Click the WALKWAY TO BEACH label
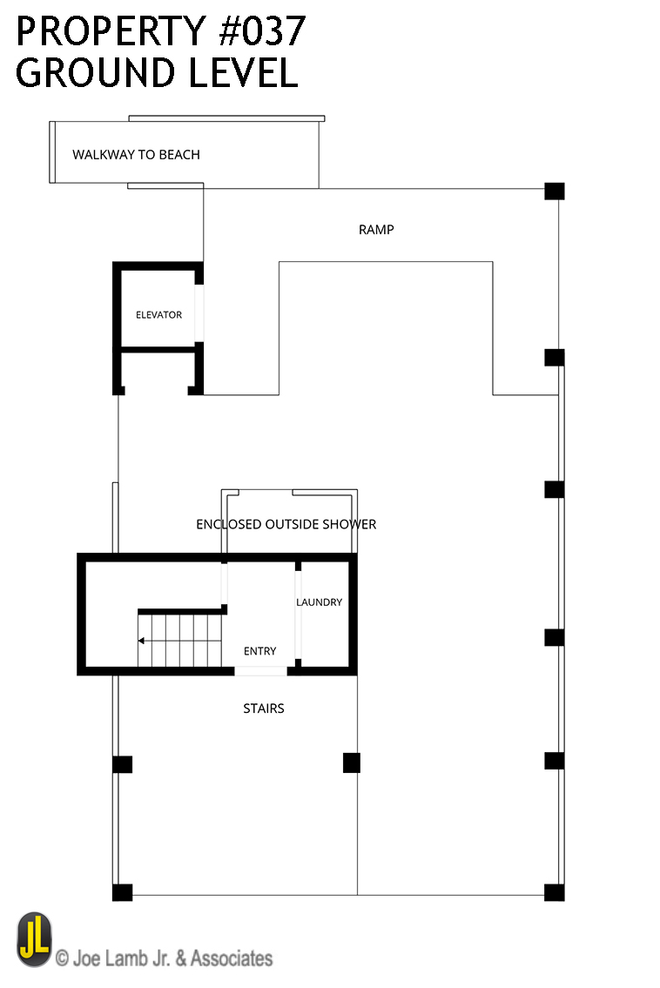point(136,155)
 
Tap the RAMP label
point(376,230)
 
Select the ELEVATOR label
point(158,315)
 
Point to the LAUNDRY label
point(319,602)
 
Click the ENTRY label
point(259,651)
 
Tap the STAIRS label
point(264,709)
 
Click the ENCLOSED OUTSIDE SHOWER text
point(286,524)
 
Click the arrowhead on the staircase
point(141,641)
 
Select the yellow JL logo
point(34,939)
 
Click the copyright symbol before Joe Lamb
point(62,958)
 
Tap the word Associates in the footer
point(232,958)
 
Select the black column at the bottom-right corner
point(554,892)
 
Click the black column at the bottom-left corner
point(122,892)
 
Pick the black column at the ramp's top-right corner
point(554,191)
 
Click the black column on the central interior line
point(352,763)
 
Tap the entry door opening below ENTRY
point(261,671)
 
